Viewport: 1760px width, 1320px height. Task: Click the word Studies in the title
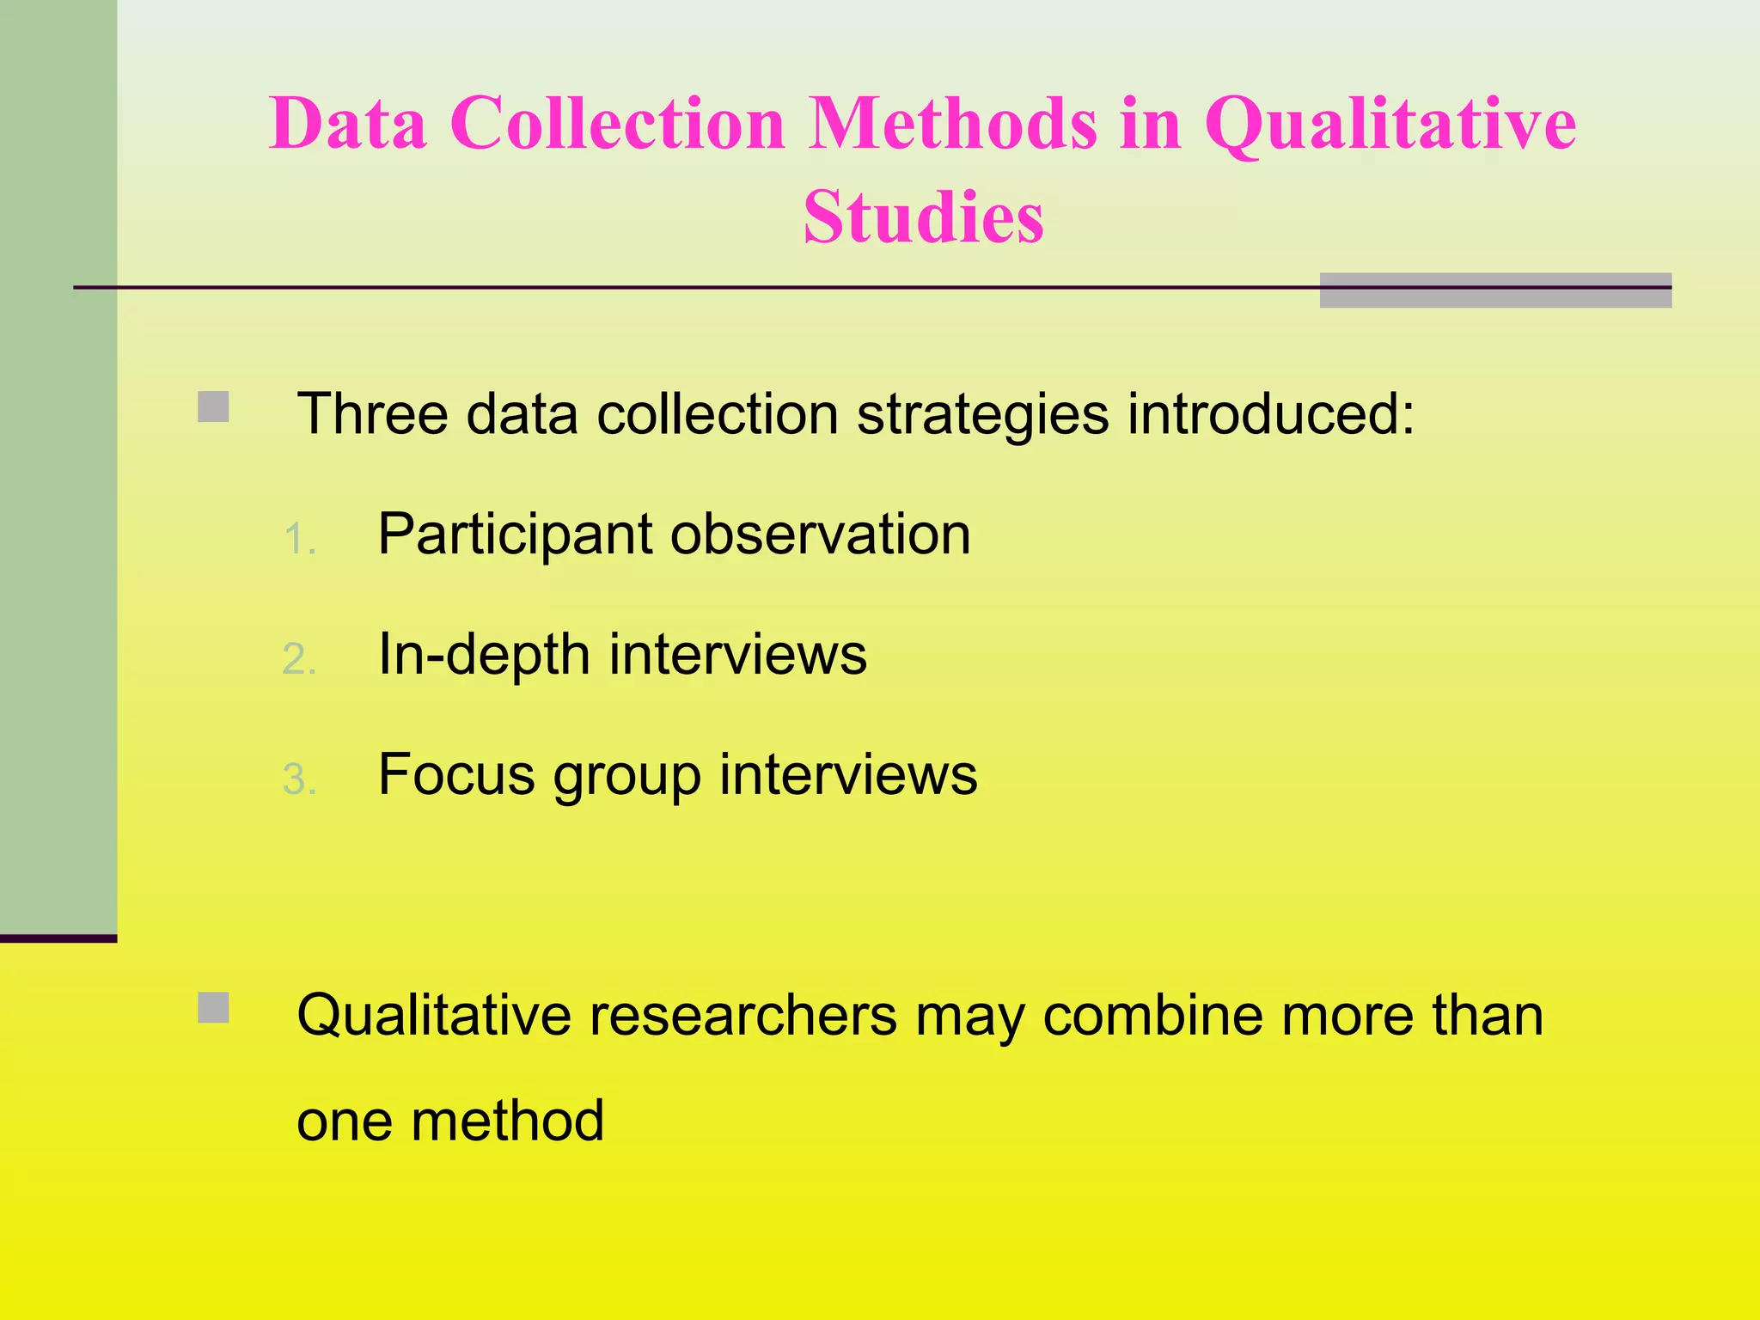coord(924,217)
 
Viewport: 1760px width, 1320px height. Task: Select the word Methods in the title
coord(953,124)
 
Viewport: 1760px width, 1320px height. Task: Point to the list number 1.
coord(299,540)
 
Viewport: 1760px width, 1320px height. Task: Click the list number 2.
coord(299,660)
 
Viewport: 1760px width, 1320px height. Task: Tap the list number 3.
coord(299,780)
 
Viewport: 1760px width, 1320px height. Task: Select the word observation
coord(821,535)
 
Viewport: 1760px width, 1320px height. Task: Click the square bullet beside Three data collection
coord(213,406)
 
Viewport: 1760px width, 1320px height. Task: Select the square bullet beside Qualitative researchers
coord(213,1008)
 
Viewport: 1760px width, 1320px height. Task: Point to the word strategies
coord(983,416)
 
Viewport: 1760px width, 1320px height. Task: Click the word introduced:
coord(1271,414)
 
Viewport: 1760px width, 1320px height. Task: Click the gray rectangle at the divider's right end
coord(1495,290)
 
